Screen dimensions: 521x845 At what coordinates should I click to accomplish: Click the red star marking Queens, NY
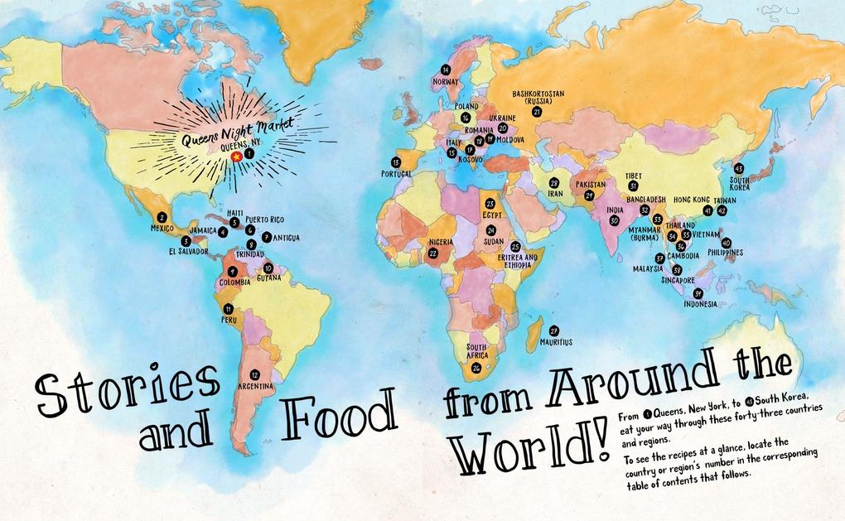point(237,155)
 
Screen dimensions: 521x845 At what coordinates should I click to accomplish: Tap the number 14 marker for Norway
point(446,70)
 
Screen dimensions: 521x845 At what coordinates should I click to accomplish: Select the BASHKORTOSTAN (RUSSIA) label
point(538,98)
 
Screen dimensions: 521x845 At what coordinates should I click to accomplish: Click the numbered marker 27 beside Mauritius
point(554,330)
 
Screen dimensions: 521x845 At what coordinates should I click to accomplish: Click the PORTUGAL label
point(396,174)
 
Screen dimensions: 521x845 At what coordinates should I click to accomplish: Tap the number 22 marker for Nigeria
point(432,253)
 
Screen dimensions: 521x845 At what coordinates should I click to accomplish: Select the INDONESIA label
point(700,304)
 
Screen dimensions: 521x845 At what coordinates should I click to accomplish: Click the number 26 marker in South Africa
point(476,368)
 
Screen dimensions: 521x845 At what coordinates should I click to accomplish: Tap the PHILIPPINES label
point(725,253)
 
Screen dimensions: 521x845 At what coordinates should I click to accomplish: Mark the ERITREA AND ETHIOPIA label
point(517,261)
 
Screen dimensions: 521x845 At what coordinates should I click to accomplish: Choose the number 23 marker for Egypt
point(490,203)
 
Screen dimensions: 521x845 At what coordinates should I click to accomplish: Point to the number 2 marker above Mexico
point(162,217)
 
